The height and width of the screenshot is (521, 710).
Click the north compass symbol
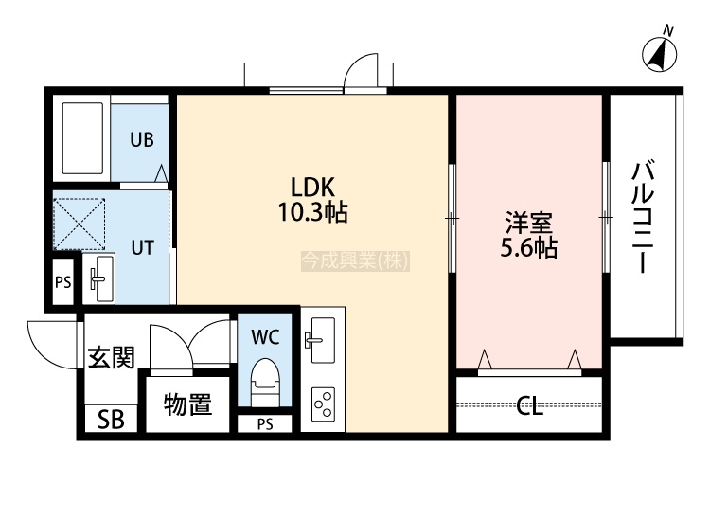click(x=659, y=54)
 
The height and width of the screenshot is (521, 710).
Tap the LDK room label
click(x=312, y=187)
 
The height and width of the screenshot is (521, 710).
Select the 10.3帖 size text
click(x=313, y=211)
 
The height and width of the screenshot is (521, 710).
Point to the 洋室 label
click(x=529, y=223)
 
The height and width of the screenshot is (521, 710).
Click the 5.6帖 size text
click(x=529, y=247)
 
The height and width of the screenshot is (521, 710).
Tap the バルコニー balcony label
click(x=644, y=217)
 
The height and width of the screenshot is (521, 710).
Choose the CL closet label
click(x=530, y=405)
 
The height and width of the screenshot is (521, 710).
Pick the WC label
click(x=265, y=337)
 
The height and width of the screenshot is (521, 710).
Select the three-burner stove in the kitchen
click(x=323, y=404)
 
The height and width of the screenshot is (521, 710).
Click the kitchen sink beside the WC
click(x=323, y=340)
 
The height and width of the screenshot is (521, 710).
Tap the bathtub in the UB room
click(x=82, y=137)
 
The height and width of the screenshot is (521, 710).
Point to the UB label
click(x=142, y=139)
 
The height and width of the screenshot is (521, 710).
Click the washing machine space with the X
click(x=80, y=224)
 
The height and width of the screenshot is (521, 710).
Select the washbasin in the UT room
click(x=98, y=278)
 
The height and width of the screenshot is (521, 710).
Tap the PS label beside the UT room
click(x=63, y=282)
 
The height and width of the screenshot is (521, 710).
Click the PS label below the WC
click(x=265, y=424)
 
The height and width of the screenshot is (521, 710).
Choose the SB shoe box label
click(x=112, y=420)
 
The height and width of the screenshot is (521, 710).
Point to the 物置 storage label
click(x=187, y=404)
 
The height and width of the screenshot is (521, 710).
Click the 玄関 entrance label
click(x=112, y=358)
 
